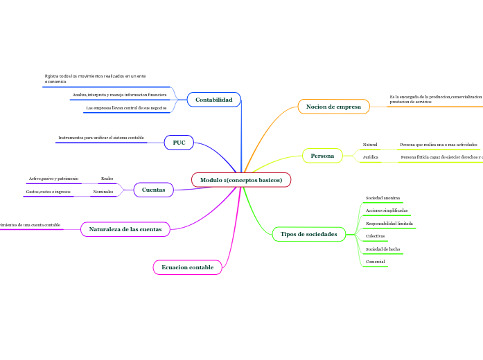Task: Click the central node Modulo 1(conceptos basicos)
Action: pos(241,180)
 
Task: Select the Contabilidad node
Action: pos(213,100)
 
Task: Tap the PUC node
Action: pos(179,143)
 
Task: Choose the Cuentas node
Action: pos(153,190)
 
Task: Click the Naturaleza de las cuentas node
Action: pos(125,228)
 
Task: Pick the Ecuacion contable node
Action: pos(187,267)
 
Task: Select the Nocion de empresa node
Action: pos(333,107)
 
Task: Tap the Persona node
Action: pos(322,156)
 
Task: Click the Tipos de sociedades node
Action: pos(308,235)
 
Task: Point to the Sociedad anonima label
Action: pos(383,198)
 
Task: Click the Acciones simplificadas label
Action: pos(387,210)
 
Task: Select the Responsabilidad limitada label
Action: pos(389,224)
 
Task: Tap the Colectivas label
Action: pos(375,236)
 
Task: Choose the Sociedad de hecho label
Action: pos(383,249)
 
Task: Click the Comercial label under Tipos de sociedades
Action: pos(375,262)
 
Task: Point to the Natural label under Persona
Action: pos(370,145)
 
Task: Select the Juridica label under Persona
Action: pos(371,158)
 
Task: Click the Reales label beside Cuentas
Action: pos(107,179)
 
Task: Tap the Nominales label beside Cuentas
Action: pos(103,192)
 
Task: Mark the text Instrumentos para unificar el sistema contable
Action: pos(101,138)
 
